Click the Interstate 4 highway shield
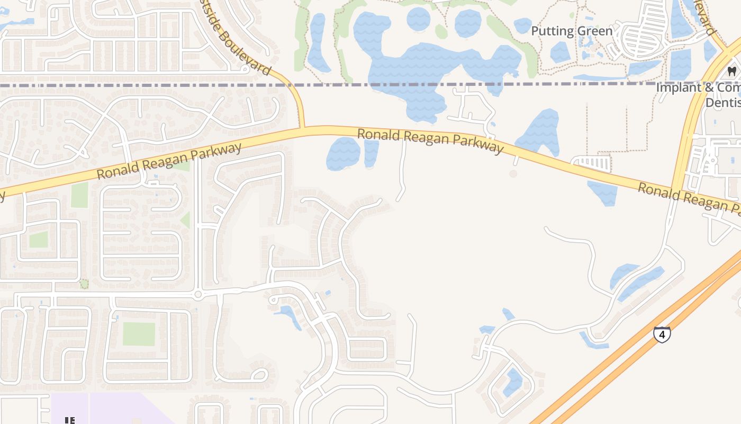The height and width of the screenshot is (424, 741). tap(662, 334)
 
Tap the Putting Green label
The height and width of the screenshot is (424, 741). tap(572, 31)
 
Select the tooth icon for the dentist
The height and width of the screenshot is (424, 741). tap(732, 71)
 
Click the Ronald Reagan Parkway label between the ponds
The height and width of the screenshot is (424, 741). tap(430, 140)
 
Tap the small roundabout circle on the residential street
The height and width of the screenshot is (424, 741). tap(197, 294)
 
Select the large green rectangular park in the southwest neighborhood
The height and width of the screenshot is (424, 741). tap(139, 334)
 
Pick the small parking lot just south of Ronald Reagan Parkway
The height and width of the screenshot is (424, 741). tap(592, 162)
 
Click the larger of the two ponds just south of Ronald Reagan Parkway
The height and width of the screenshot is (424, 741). tap(343, 154)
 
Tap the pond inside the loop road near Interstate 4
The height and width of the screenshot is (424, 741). tap(512, 382)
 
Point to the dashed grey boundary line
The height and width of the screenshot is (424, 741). tap(159, 85)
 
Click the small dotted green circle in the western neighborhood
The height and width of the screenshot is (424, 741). tap(84, 284)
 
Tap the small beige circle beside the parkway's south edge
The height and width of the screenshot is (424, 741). tap(513, 173)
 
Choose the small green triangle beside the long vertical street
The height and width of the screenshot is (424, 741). tap(185, 219)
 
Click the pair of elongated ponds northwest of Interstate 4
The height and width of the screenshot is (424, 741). tap(638, 281)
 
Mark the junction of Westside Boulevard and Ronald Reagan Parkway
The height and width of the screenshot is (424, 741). tap(302, 128)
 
